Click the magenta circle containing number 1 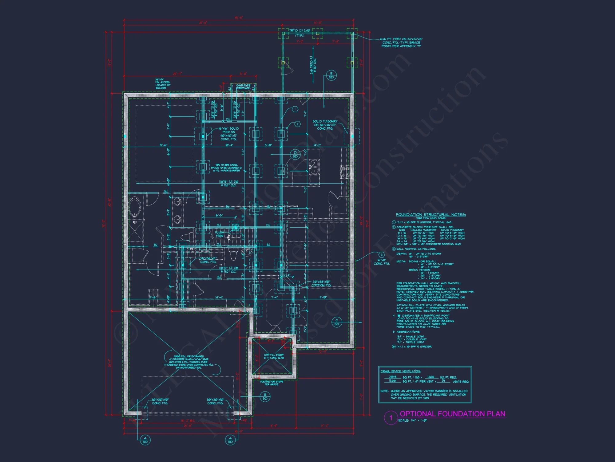(391, 418)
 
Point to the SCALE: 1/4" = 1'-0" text (413, 421)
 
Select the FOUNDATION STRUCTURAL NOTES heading (430, 215)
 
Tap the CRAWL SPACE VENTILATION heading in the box (400, 371)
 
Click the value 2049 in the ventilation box (392, 377)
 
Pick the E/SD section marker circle (331, 75)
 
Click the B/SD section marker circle (265, 396)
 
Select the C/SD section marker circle (337, 322)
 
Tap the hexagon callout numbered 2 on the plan (297, 124)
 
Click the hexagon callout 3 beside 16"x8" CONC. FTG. (381, 255)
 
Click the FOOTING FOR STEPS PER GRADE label (272, 383)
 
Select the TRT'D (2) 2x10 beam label (300, 31)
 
